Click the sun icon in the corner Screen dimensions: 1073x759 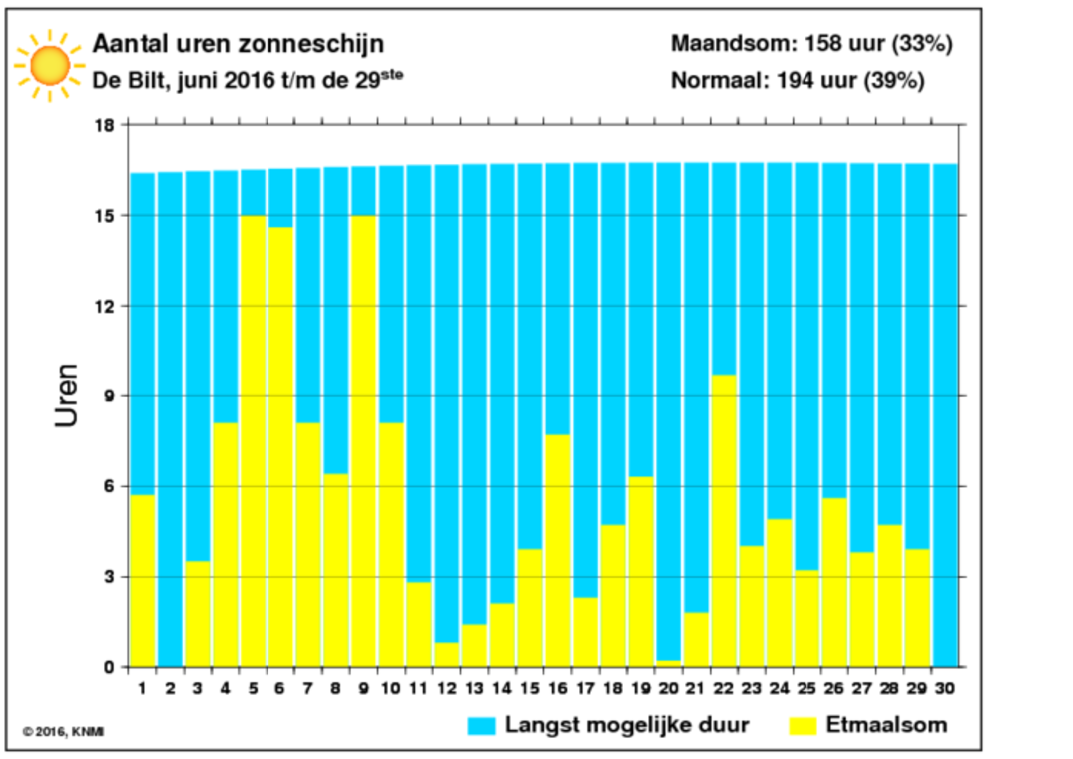click(49, 66)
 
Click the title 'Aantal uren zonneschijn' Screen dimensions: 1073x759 click(239, 44)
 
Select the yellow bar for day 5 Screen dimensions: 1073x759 click(254, 441)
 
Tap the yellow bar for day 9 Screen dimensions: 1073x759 click(364, 441)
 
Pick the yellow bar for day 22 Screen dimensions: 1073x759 click(724, 521)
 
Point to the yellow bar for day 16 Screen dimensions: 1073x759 click(558, 551)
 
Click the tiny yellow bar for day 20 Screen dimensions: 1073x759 click(669, 664)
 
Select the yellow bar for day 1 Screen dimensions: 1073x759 click(143, 581)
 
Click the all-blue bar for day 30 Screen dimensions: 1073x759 click(945, 415)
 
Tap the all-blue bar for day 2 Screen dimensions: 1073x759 click(170, 419)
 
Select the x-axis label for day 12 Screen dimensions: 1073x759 click(447, 688)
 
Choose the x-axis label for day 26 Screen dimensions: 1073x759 click(834, 688)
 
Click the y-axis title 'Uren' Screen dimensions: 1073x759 click(67, 395)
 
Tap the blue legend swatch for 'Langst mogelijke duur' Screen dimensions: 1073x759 click(481, 726)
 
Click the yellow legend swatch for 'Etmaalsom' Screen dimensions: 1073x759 click(803, 726)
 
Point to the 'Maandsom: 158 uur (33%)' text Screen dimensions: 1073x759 click(811, 44)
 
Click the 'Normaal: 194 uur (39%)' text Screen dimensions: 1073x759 click(798, 81)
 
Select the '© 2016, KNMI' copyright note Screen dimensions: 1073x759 click(63, 732)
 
